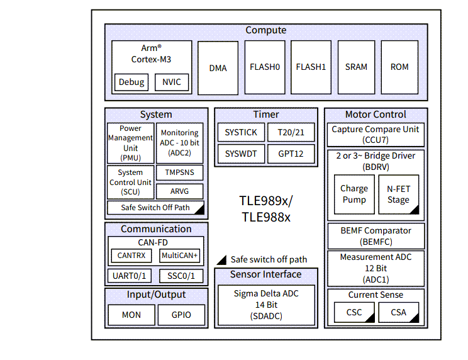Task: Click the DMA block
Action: pos(218,68)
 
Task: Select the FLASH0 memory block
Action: pos(264,67)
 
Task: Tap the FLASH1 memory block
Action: pos(311,67)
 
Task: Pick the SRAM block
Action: pos(356,67)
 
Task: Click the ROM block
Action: pos(399,67)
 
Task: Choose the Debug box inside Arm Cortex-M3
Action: pos(131,82)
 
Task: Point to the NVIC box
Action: pos(171,82)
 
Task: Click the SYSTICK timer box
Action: pos(241,133)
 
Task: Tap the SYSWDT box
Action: pos(241,154)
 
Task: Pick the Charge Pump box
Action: pos(354,194)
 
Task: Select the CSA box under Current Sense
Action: pos(398,312)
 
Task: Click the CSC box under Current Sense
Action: pos(354,312)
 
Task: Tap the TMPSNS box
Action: pos(179,172)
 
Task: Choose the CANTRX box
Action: pos(132,256)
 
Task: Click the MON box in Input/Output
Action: pos(131,315)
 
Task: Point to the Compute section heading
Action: pos(265,30)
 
